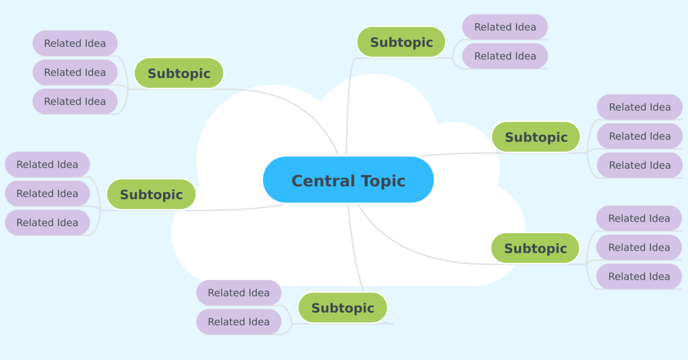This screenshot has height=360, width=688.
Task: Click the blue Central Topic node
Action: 348,180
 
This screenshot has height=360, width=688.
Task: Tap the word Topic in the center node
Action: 383,181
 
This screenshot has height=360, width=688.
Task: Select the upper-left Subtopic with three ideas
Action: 179,73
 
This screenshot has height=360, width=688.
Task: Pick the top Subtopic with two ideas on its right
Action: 401,42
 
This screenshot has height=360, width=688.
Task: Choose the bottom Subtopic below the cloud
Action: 342,308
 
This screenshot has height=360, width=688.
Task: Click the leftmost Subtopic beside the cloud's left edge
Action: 151,194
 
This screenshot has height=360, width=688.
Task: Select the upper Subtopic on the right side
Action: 536,137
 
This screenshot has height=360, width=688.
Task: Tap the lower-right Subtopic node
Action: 535,248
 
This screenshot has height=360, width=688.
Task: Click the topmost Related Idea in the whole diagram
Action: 505,27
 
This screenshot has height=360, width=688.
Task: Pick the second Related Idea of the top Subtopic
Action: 505,56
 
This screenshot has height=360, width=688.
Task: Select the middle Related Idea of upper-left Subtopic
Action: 75,72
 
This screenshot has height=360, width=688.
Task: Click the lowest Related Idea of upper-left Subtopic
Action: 75,101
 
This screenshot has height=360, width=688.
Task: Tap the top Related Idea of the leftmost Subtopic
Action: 47,164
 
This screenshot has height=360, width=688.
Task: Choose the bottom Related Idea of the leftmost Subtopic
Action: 47,222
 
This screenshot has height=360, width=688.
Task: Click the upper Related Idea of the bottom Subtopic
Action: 239,293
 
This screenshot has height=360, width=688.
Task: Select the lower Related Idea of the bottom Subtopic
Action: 239,322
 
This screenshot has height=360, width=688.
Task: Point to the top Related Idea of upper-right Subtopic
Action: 640,107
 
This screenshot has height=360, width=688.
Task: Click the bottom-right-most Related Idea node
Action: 639,277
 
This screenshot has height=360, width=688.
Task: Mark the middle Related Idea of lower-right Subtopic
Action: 639,248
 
